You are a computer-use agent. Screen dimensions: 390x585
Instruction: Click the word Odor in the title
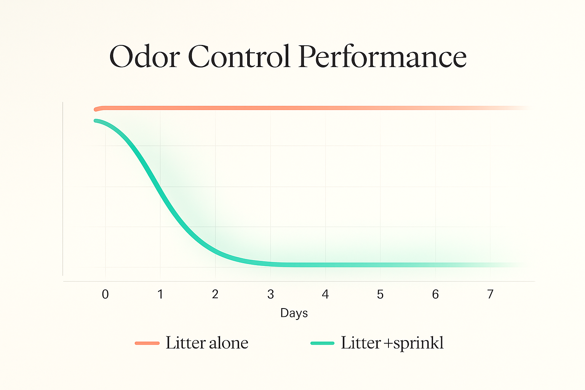tap(144, 57)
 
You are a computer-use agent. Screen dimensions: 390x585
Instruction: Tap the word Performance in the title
tap(382, 57)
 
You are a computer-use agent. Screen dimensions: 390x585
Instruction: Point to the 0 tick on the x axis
tap(105, 294)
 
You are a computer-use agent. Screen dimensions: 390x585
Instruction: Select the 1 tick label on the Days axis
tap(160, 294)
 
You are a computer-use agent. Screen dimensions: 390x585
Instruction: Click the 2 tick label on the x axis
tap(215, 294)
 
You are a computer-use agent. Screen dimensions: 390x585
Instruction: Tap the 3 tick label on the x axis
tap(270, 294)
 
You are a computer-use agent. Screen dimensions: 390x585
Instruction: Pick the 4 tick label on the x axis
tap(325, 294)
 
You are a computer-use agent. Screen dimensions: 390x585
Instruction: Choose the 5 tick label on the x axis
tap(380, 294)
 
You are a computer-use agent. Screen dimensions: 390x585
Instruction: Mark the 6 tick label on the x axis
tap(435, 294)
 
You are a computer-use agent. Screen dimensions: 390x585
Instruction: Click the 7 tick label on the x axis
tap(490, 294)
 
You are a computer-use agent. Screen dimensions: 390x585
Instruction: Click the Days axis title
tap(294, 313)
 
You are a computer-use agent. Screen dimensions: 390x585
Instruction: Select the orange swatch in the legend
tap(147, 343)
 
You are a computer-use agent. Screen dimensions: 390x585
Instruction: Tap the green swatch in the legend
tap(322, 343)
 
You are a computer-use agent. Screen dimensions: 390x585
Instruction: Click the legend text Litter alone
tap(207, 343)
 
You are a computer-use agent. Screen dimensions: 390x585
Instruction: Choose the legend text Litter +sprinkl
tap(392, 343)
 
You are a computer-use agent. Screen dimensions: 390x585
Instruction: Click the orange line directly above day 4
tap(325, 108)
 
